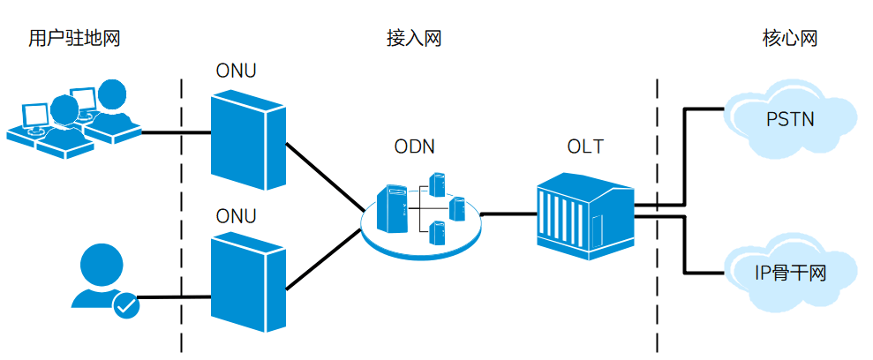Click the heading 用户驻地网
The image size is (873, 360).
pyautogui.click(x=73, y=39)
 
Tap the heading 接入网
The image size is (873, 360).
pyautogui.click(x=413, y=39)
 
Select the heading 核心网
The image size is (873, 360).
pyautogui.click(x=790, y=39)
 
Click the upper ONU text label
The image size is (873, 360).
pyautogui.click(x=237, y=71)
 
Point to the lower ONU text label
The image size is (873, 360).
pyautogui.click(x=237, y=216)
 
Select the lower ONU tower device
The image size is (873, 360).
pyautogui.click(x=247, y=282)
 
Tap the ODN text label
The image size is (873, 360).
pyautogui.click(x=414, y=146)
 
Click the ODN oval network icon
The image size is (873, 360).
pyautogui.click(x=421, y=216)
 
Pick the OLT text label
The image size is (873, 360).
pyautogui.click(x=585, y=146)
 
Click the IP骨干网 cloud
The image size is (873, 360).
pyautogui.click(x=790, y=274)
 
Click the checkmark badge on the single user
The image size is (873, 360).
pyautogui.click(x=126, y=305)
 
